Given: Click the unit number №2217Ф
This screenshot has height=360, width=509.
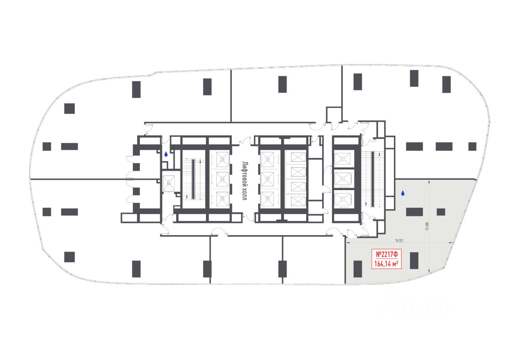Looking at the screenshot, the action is (387, 254).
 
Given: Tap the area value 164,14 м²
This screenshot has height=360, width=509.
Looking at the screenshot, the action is (387, 263).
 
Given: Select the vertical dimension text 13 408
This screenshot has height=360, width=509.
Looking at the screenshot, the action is (427, 226).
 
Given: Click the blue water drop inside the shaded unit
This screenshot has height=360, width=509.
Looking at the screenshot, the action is (403, 193).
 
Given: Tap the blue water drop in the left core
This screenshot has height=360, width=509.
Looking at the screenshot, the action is (166, 154).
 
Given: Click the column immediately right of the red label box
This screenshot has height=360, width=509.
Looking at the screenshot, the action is (414, 261).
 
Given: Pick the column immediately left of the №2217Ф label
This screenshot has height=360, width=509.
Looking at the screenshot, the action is (357, 269).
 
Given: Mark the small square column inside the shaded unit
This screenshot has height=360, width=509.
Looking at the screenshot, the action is (441, 212).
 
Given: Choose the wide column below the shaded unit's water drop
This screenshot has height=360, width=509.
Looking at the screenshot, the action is (414, 212).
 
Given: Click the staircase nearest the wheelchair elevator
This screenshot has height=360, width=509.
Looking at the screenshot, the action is (192, 179).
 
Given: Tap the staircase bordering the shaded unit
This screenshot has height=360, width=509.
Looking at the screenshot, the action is (373, 179).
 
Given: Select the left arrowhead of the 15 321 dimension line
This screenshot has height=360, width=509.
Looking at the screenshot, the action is (347, 243).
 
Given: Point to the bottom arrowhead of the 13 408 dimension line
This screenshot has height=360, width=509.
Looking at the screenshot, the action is (429, 272).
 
